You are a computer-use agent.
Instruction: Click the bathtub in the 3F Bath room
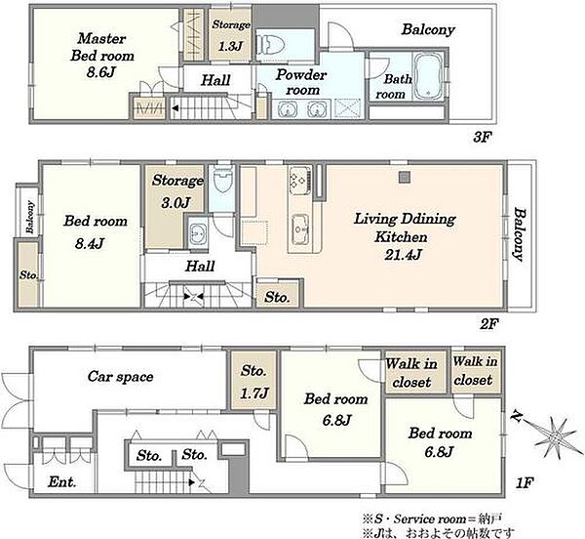428,76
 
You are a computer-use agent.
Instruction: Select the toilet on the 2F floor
222,180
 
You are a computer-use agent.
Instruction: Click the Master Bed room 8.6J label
102,55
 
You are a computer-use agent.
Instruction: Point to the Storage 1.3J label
231,35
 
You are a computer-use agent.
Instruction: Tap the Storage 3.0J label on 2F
177,191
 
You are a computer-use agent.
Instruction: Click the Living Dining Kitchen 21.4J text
405,236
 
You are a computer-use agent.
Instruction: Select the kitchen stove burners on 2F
299,179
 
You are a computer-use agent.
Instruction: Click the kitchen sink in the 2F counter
300,228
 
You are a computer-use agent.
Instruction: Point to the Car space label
120,377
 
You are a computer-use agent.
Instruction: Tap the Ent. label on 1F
62,482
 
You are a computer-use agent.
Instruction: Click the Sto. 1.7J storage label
253,382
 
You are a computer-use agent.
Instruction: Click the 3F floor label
481,138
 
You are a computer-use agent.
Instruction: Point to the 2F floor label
489,324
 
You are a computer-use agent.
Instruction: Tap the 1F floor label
525,483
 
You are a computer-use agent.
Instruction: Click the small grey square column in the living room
405,177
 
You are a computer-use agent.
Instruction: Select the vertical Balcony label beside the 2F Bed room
29,217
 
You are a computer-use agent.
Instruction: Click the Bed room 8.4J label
96,232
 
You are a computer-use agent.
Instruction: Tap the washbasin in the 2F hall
197,233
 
